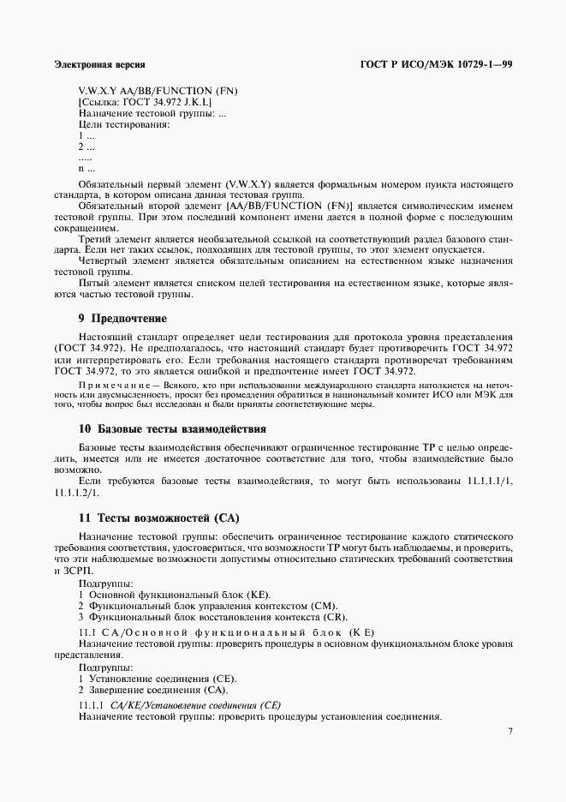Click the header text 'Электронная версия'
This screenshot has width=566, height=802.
coord(99,64)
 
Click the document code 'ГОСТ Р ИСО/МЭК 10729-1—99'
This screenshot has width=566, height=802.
coord(443,64)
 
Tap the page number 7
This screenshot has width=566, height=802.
coord(509,731)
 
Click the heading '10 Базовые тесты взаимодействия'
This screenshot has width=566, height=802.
coord(172,428)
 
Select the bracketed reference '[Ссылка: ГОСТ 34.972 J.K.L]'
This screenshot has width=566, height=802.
coord(146,102)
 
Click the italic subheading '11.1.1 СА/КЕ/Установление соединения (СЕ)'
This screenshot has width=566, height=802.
coord(180,705)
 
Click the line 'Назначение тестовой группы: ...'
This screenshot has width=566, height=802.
coord(152,113)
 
